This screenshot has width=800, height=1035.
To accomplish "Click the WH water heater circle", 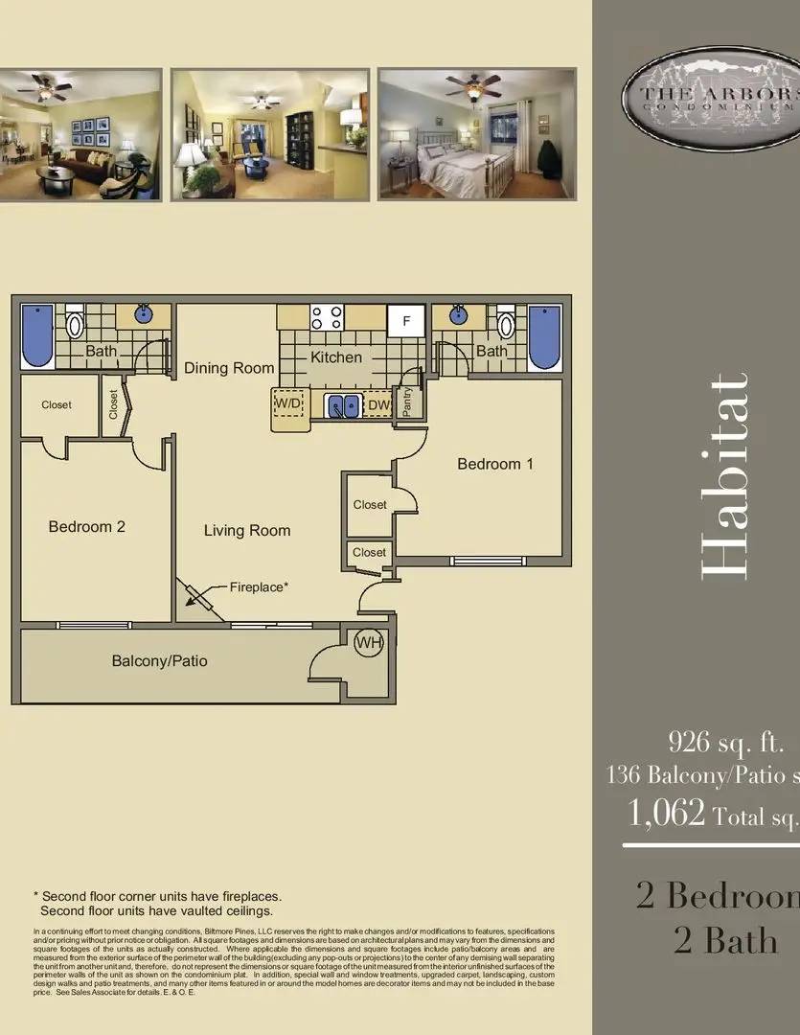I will pos(369,644).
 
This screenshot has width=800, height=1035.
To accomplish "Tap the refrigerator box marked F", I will pos(405,321).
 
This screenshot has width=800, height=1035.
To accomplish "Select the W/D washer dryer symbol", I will pos(288,404).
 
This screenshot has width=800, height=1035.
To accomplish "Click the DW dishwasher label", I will pos(378,405).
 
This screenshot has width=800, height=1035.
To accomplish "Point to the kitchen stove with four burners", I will pos(327,317).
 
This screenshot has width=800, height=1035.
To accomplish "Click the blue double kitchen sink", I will pos(343,405).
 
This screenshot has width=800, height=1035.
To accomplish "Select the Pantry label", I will pos(408,403).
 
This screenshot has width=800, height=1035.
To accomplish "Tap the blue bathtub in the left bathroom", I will pos(37,335).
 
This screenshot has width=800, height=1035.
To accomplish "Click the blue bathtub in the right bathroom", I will pos(544,336).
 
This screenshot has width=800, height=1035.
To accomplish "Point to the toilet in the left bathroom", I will pos(75,325).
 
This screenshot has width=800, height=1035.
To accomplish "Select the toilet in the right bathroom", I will pos(506,324).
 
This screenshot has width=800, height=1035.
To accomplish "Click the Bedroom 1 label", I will pos(494,464).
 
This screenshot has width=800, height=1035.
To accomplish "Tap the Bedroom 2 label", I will pos(86,526).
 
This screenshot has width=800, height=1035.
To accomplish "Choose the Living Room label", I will pos(247,530).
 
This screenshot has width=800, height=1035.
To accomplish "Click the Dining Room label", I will pos(229,368).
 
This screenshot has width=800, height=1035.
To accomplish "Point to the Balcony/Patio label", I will pos(159,660).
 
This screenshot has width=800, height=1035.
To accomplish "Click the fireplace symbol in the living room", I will pos(200,598).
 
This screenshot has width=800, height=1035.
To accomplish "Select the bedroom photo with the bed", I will pos(476,134).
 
